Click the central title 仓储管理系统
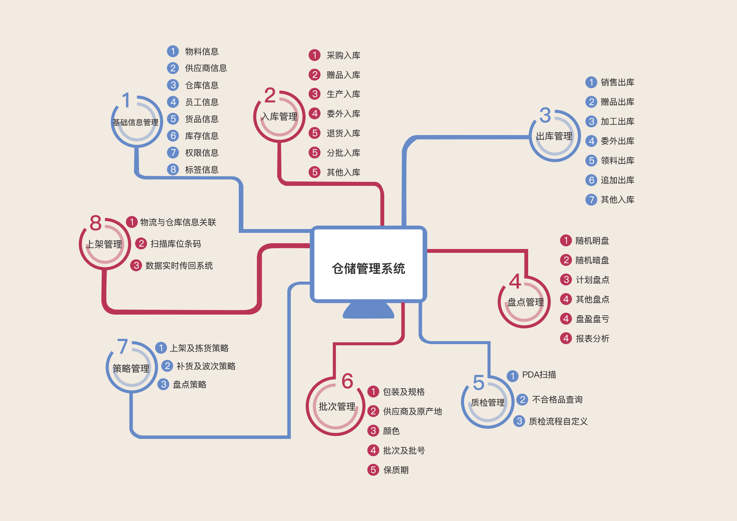coord(368,269)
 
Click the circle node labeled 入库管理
coord(279,117)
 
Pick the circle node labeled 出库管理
coord(554,136)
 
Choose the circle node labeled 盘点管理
coord(525,302)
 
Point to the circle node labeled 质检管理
coord(487,402)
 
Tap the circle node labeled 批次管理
coord(336,407)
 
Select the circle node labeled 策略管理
coord(131,368)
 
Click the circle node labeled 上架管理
coord(105,244)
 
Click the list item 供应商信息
coord(206,68)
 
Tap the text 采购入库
coord(343,56)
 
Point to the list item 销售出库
coord(617,82)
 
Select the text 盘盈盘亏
coord(592,319)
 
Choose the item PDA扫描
coord(539,375)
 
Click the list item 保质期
coord(396,470)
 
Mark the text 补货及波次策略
coord(206,366)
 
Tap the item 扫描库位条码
coord(175,244)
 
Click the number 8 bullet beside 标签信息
coord(173,170)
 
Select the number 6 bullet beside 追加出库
coord(591,180)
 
